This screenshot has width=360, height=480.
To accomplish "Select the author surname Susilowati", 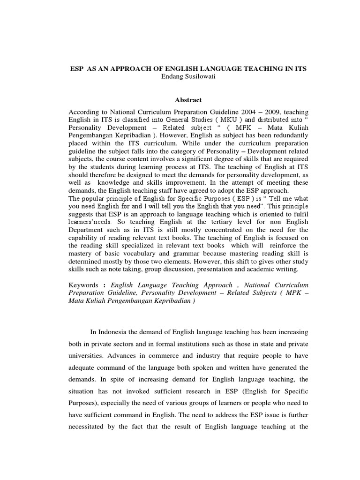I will coord(197,76).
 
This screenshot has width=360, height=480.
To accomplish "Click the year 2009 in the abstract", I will coord(266,112).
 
